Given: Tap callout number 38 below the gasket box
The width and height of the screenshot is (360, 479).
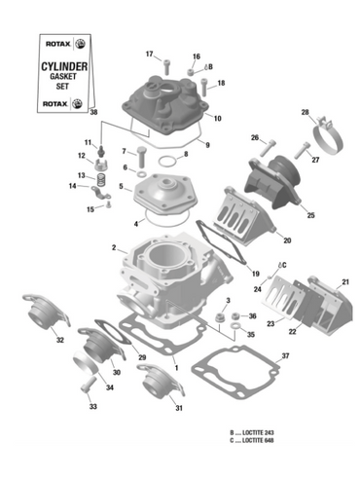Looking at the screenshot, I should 94,114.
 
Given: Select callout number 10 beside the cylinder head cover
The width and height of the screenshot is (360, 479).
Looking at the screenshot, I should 217,119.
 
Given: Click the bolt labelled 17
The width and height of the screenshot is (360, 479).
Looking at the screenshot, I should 167,66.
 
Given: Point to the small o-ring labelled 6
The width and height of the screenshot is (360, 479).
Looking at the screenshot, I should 142,169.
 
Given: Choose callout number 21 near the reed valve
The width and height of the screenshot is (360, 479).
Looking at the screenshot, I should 343,282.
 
